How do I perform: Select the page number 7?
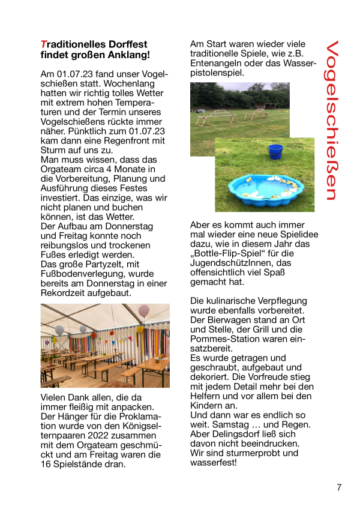click(339, 487)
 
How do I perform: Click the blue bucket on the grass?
click(275, 150)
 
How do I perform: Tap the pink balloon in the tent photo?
click(143, 310)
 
